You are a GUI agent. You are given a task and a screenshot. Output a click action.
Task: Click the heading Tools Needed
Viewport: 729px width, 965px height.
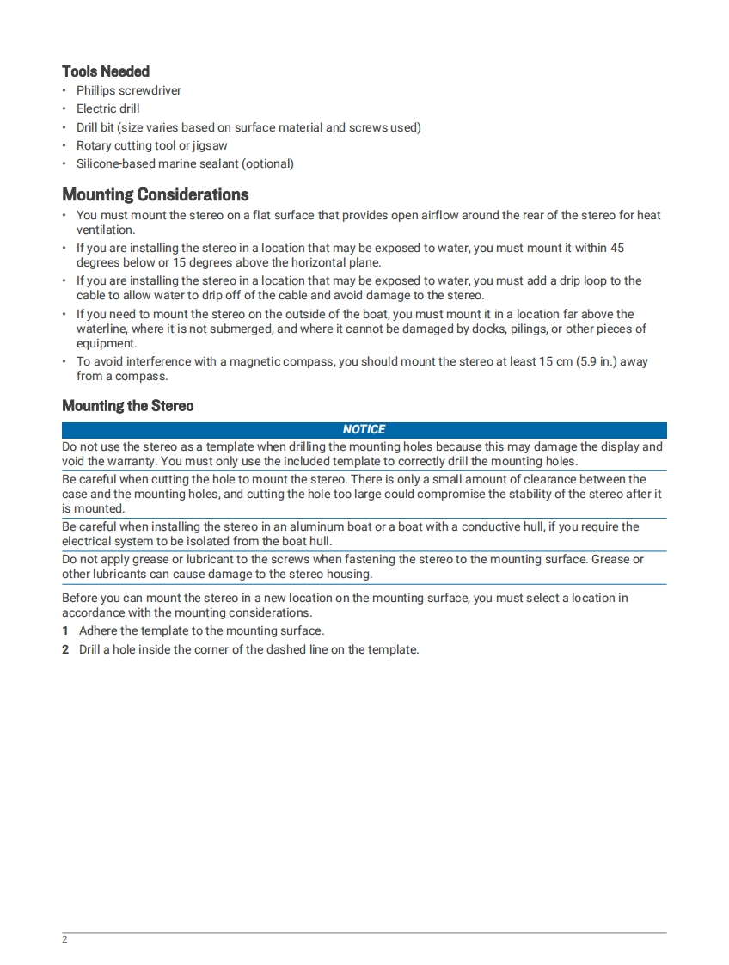tap(106, 71)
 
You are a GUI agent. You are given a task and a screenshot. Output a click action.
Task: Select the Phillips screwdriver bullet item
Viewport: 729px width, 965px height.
tap(128, 90)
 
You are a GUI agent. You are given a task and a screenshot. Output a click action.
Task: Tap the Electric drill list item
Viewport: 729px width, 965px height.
tap(107, 108)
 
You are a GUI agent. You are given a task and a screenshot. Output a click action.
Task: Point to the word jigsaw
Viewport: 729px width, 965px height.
tap(210, 145)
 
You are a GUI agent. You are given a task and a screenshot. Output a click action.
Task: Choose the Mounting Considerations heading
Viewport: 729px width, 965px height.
tap(156, 194)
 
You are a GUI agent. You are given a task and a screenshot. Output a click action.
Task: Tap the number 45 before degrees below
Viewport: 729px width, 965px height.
tap(616, 248)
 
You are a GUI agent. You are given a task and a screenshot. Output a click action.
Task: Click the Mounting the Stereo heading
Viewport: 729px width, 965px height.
tap(127, 406)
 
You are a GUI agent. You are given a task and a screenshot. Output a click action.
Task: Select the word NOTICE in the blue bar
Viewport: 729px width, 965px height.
tap(364, 429)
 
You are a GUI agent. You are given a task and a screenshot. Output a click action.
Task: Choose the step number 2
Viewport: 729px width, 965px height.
tap(65, 649)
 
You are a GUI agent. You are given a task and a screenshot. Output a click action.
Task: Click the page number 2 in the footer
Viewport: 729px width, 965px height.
tap(64, 939)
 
